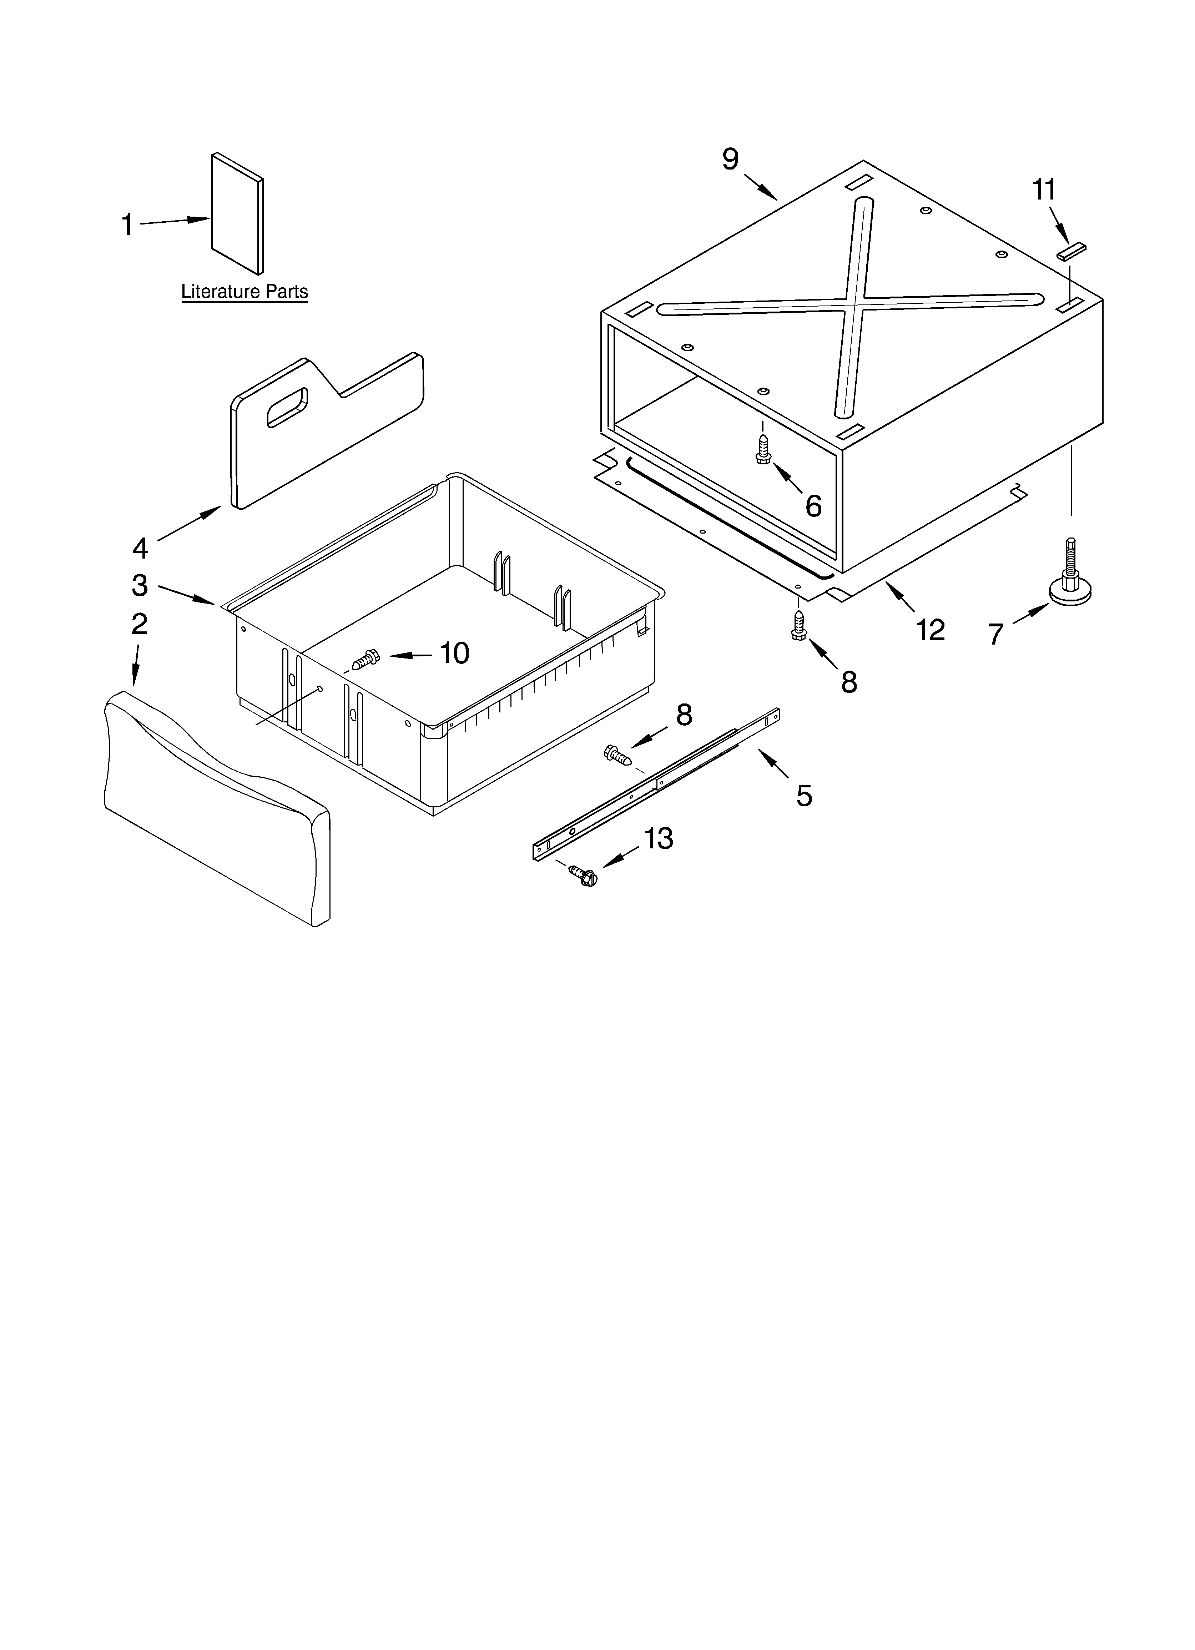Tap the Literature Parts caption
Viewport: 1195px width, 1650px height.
tap(244, 292)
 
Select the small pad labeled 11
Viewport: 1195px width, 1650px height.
tap(1070, 251)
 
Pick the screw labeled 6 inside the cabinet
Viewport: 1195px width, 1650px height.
tap(763, 450)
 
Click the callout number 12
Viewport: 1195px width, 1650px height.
tap(930, 630)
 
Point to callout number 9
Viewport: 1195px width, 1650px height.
tap(730, 158)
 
